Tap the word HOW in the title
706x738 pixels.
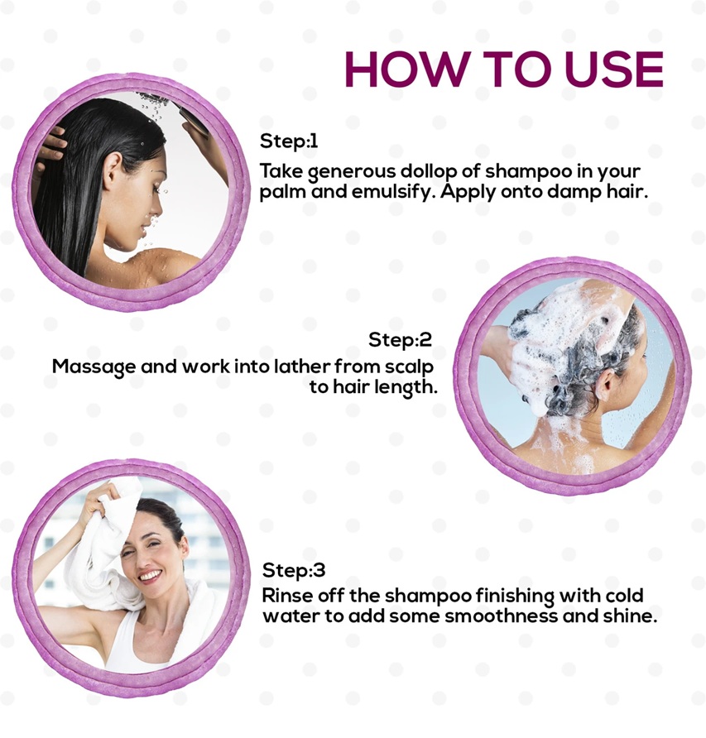[x=406, y=69]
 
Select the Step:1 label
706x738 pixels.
[x=289, y=141]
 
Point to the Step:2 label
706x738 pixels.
[x=401, y=339]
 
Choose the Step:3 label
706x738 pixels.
[x=294, y=570]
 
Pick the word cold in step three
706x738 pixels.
[x=623, y=596]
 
